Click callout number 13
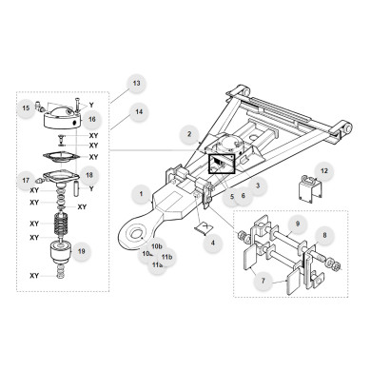(136, 84)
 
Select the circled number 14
(139, 113)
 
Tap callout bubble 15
(26, 108)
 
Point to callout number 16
(92, 120)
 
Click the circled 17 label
(26, 179)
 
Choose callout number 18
(88, 175)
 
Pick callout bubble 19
(82, 252)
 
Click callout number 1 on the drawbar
(142, 195)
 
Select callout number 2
(190, 134)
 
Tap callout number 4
(214, 244)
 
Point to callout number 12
(324, 171)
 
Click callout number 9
(297, 225)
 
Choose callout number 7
(266, 281)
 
